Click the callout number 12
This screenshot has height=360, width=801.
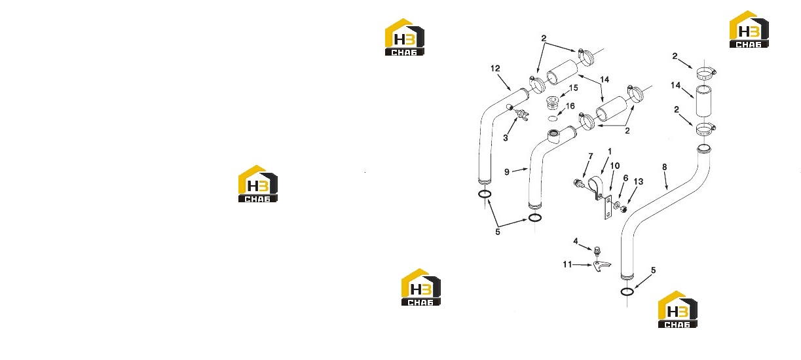tap(495, 68)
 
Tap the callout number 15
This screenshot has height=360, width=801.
tap(574, 88)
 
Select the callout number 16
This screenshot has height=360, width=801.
tap(570, 106)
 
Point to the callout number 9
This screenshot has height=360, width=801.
tap(507, 172)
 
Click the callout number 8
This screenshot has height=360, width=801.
tap(664, 167)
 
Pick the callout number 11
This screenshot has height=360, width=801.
tap(567, 264)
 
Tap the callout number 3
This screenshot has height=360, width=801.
tap(505, 138)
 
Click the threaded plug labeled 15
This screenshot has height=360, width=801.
tap(553, 103)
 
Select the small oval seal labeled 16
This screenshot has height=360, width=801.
tap(553, 118)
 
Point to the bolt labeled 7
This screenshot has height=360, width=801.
tap(579, 185)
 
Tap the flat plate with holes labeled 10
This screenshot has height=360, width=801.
tap(608, 207)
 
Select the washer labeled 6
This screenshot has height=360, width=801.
tap(617, 206)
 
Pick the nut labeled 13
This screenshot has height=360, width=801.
tap(624, 208)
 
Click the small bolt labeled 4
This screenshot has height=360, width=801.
tap(596, 251)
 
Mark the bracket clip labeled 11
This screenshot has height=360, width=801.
tap(601, 266)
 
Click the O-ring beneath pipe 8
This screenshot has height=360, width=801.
tap(627, 292)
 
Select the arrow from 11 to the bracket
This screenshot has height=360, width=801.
tap(583, 264)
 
